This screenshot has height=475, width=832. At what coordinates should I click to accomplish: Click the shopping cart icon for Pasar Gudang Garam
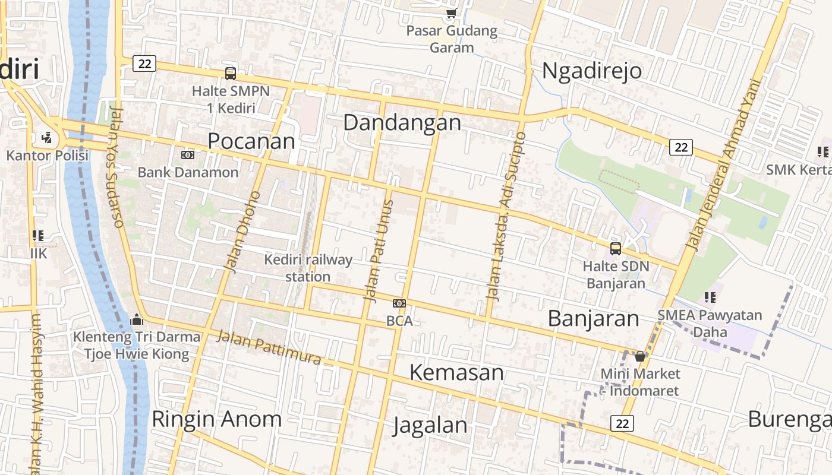point(451,13)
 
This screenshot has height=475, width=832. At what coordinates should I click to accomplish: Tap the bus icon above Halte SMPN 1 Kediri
point(231,73)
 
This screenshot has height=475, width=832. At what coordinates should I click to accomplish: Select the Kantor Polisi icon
point(47,138)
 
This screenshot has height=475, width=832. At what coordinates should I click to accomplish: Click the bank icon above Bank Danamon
point(188,155)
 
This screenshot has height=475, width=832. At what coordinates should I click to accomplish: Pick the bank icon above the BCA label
point(399,303)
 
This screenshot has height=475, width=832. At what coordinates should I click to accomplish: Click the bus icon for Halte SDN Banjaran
point(616,249)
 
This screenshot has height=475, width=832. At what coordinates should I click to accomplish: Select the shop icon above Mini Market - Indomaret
point(640,356)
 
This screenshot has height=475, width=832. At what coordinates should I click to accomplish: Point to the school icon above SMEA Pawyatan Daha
point(710,297)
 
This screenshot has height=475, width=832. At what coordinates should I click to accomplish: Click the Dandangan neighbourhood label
point(402,123)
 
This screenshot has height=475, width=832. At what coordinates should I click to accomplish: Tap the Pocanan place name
point(251,141)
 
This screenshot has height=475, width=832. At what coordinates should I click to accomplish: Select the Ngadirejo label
point(592,71)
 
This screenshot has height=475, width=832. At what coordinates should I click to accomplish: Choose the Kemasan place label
point(457,373)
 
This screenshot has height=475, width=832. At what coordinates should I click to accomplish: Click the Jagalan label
point(431,425)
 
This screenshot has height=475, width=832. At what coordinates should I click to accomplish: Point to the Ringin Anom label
point(216,419)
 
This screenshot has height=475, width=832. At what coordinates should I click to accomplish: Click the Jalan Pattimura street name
point(269,347)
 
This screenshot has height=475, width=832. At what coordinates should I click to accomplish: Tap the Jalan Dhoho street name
point(243,232)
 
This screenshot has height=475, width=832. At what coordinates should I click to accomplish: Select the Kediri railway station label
point(308,268)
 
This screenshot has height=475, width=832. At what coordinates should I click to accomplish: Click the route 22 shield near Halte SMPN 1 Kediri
point(144,64)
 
